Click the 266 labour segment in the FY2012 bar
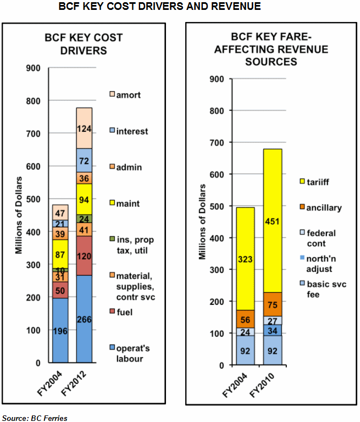tap(84, 319)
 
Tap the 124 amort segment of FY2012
tap(84, 128)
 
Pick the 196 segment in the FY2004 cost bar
tap(60, 330)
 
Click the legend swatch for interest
tap(112, 131)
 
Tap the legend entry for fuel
tap(126, 312)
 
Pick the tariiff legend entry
tap(317, 180)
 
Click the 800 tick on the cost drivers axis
tap(33, 101)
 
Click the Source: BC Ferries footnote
tap(35, 418)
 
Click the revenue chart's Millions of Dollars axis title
tap(202, 222)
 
